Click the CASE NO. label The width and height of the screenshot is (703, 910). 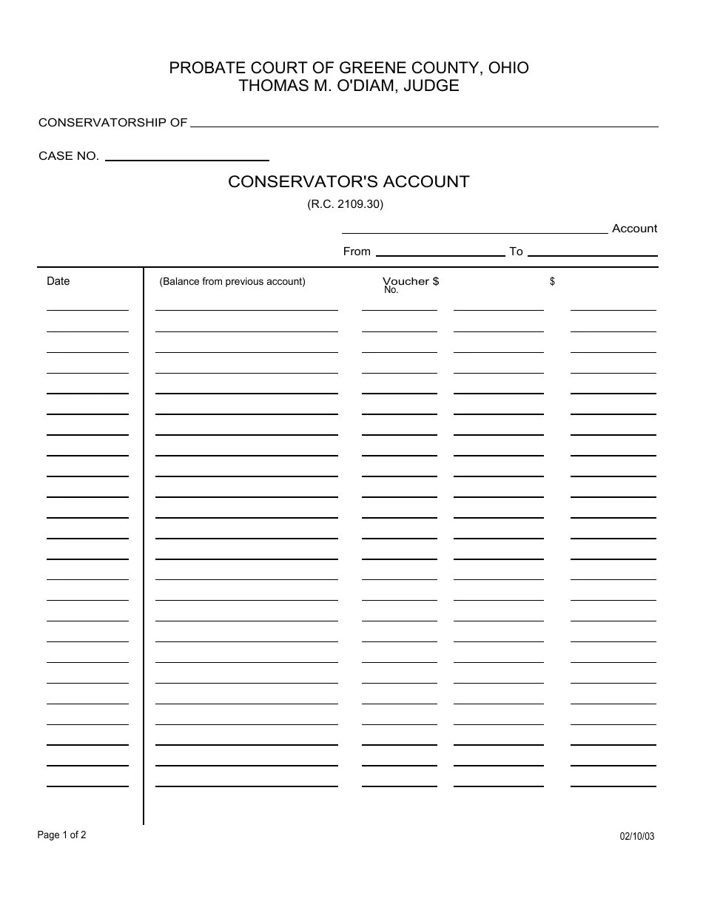[69, 156]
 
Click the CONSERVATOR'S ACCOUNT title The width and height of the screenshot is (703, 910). [349, 182]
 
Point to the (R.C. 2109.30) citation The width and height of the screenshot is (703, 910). [345, 205]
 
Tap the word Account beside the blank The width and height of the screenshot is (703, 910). [634, 229]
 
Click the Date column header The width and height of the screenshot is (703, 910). [58, 281]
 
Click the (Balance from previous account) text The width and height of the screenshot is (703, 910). [232, 282]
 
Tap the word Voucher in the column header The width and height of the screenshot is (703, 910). [406, 281]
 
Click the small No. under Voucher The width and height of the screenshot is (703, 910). [391, 291]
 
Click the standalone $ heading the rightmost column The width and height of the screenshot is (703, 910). [552, 282]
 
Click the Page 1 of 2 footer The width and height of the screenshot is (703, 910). [62, 835]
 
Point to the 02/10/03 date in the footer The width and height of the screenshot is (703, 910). [636, 837]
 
